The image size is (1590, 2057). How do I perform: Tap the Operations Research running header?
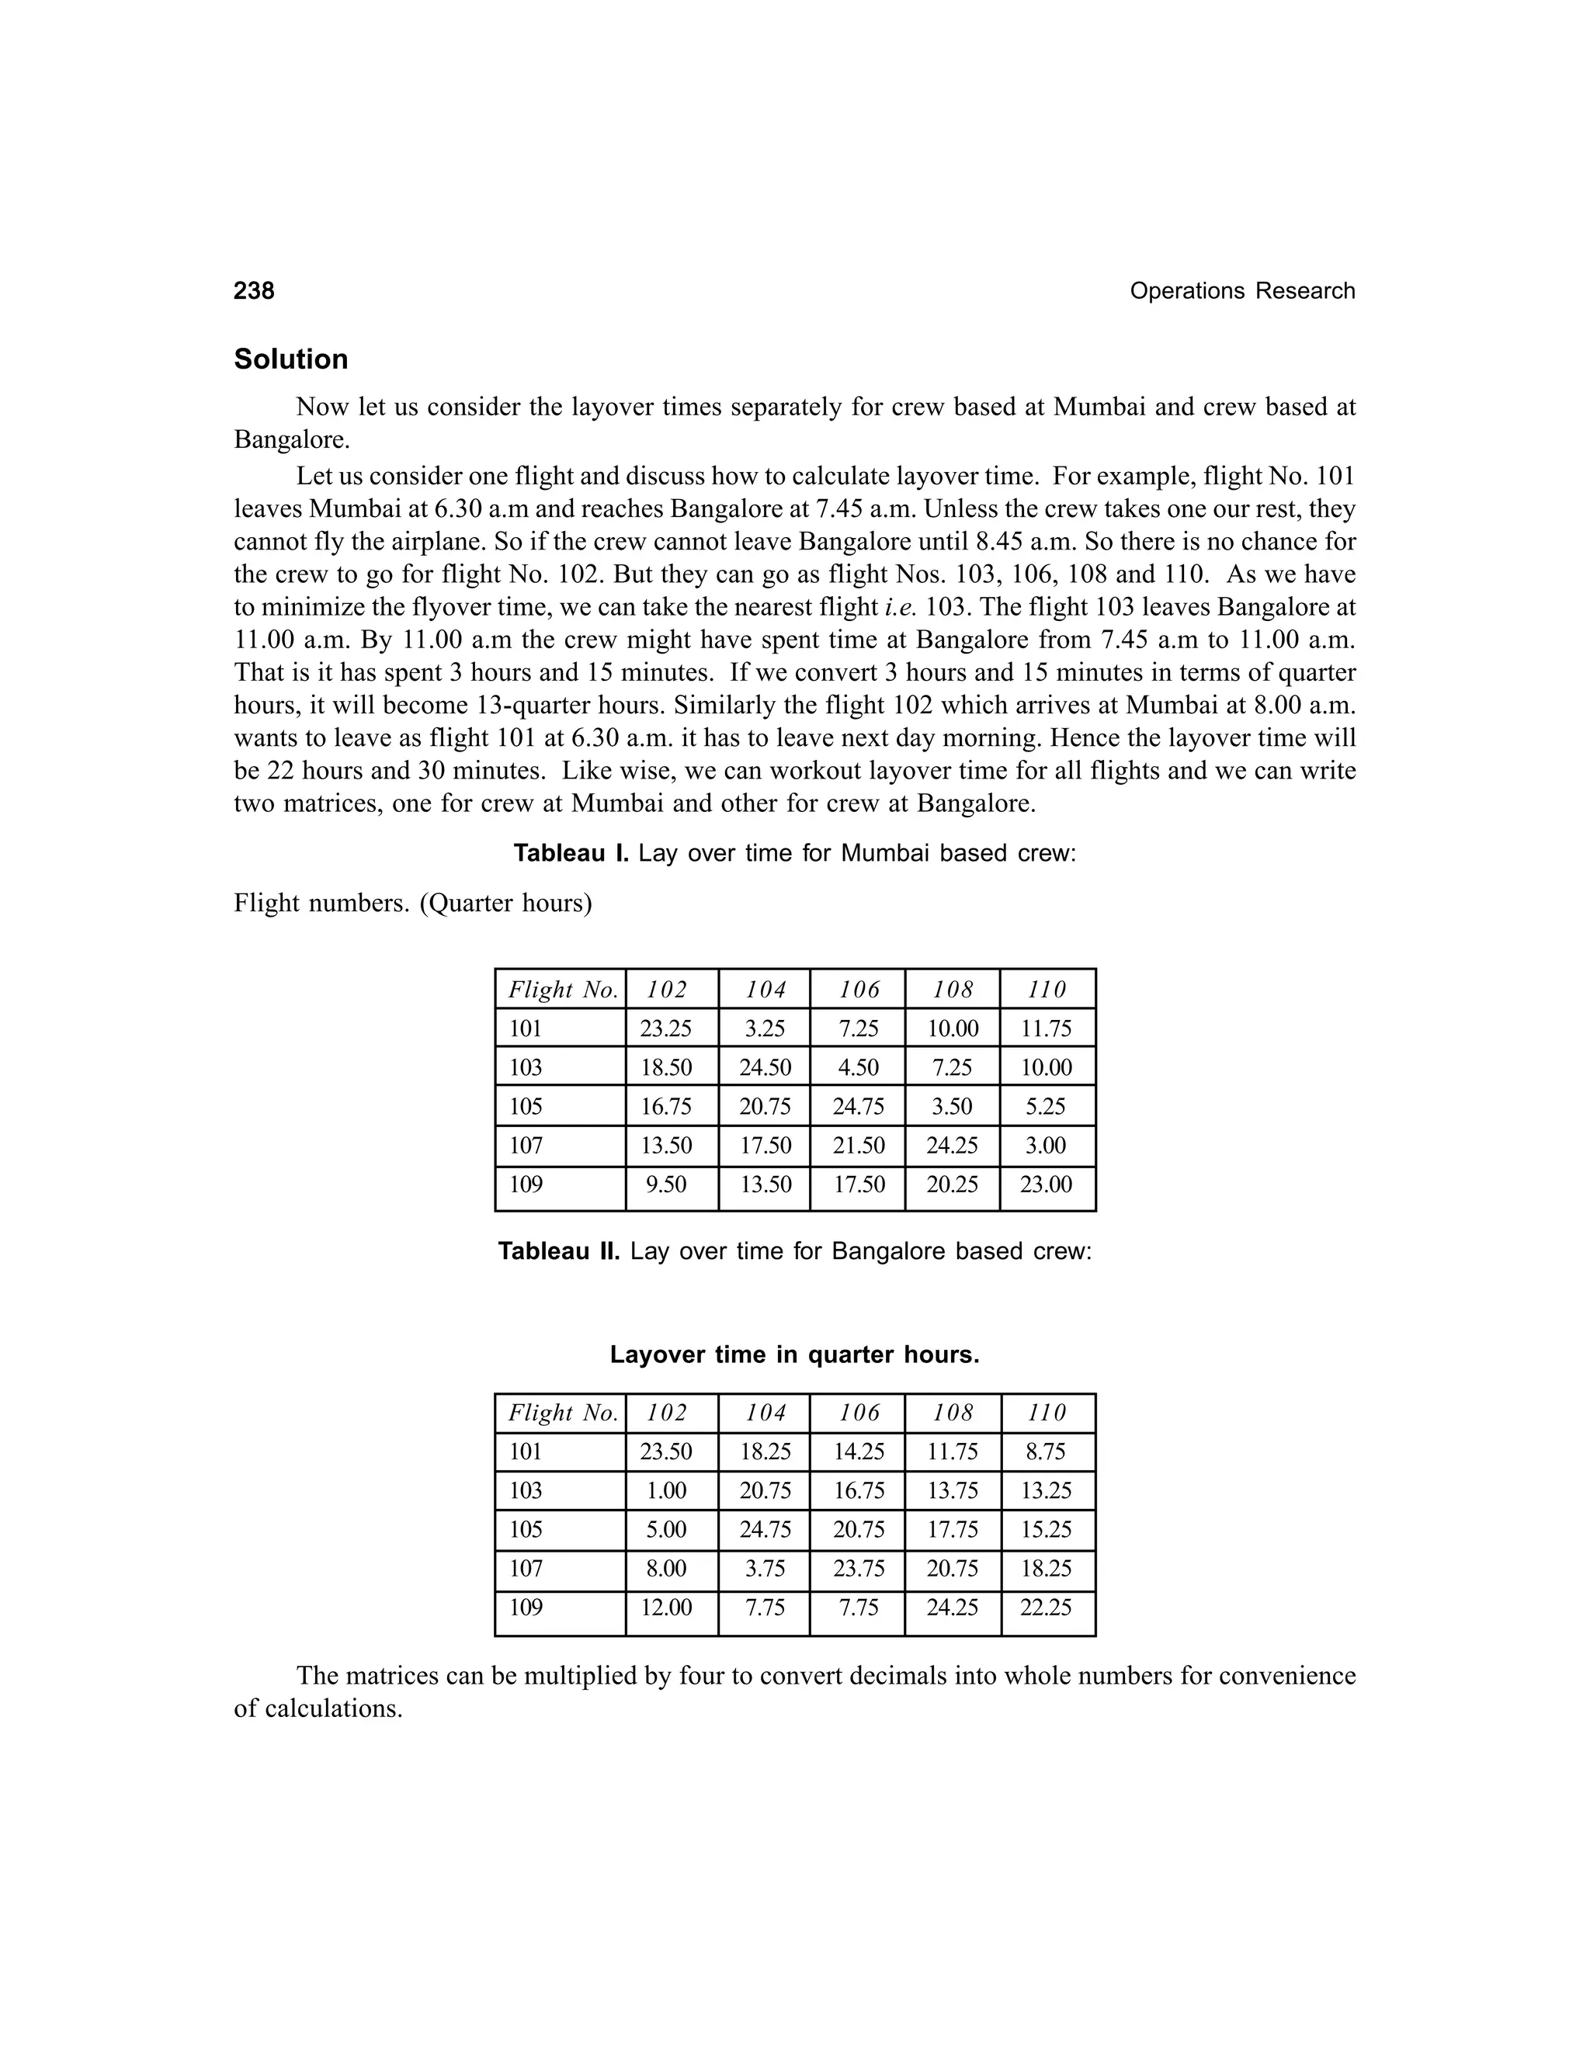[1241, 291]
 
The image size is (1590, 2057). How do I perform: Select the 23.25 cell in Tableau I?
[666, 1028]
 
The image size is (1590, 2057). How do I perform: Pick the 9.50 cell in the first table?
[666, 1184]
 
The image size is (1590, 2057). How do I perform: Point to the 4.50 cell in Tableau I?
[858, 1067]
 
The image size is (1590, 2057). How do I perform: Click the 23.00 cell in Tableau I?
[1046, 1184]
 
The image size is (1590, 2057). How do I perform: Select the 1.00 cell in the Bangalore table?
[666, 1490]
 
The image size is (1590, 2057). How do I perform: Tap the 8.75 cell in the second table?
[1046, 1452]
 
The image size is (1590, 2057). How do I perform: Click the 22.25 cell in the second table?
[1046, 1607]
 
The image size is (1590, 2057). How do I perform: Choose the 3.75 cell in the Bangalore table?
[765, 1568]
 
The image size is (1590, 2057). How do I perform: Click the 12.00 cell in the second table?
[666, 1607]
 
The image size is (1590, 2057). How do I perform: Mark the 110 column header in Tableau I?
[1047, 989]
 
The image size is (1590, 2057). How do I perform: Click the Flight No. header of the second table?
[562, 1412]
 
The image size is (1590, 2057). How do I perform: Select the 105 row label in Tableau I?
[526, 1107]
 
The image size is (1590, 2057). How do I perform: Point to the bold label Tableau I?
[571, 853]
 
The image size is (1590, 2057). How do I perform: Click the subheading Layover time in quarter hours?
[794, 1355]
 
